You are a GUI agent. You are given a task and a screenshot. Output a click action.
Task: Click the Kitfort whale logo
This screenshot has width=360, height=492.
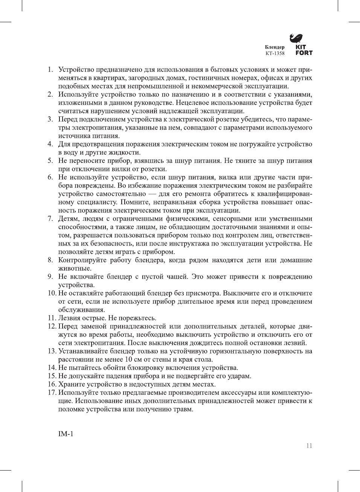296,38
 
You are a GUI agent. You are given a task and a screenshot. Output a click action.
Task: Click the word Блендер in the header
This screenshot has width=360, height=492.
275,47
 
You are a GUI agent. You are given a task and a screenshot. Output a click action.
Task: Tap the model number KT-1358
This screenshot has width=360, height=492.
275,53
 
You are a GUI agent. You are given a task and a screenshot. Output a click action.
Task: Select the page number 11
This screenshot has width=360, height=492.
309,446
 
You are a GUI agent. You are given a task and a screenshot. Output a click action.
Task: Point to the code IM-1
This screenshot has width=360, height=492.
66,434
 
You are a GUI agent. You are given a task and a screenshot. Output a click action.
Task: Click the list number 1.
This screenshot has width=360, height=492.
50,70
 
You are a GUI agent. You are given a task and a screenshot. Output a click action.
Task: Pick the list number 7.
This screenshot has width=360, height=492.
50,219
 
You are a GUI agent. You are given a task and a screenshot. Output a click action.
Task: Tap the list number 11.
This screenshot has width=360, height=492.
52,318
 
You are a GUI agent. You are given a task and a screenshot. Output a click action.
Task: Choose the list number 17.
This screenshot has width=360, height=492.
52,393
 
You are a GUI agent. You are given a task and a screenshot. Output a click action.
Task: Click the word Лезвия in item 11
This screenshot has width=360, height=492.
69,318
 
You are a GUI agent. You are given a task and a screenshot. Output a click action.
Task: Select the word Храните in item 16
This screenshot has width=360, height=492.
71,384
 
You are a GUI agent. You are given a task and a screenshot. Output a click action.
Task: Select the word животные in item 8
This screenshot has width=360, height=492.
75,268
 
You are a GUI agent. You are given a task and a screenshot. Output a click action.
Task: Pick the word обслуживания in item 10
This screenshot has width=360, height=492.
81,310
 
